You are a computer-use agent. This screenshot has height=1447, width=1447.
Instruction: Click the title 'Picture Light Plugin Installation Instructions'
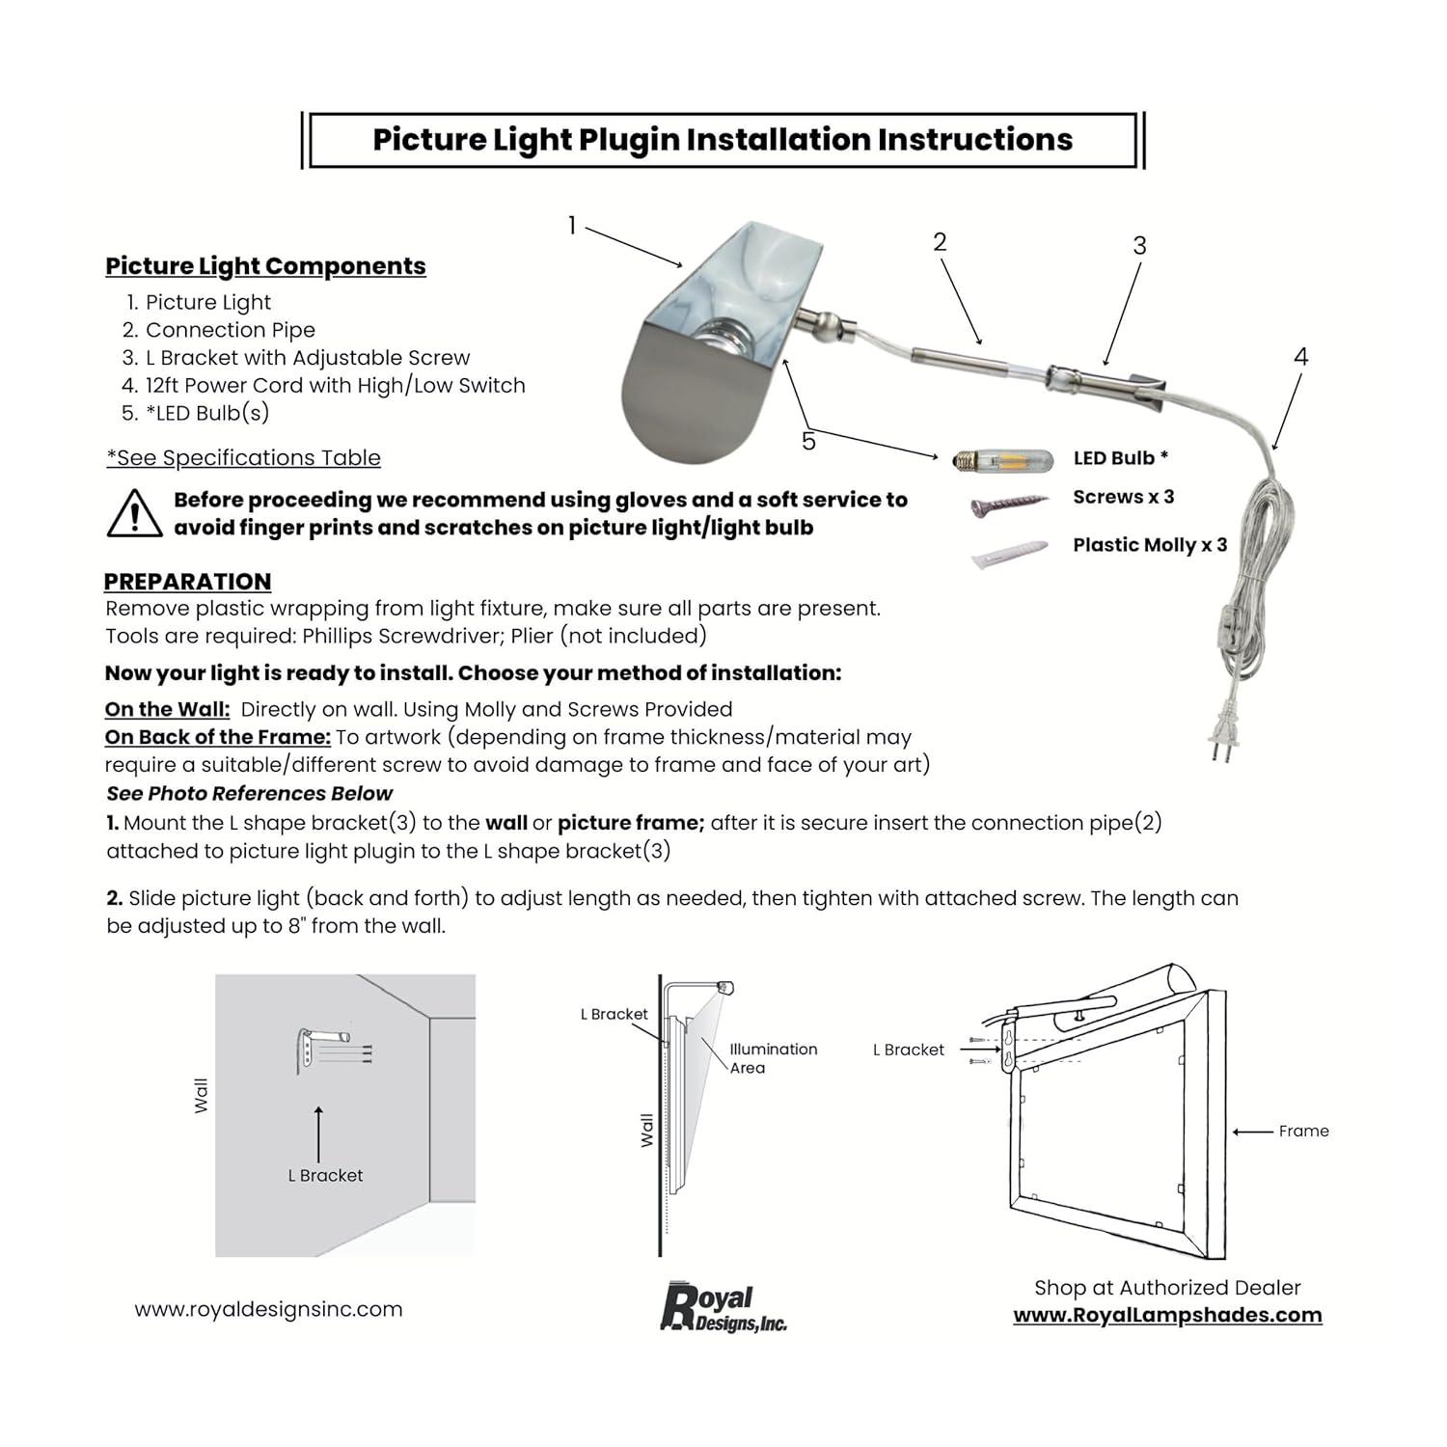pyautogui.click(x=723, y=140)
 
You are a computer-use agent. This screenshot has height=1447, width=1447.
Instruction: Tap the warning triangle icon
pyautogui.click(x=134, y=514)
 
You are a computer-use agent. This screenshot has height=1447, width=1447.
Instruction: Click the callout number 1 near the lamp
pyautogui.click(x=572, y=226)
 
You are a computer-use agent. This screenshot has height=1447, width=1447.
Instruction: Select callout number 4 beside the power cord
pyautogui.click(x=1300, y=357)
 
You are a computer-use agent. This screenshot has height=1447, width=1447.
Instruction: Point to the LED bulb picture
pyautogui.click(x=997, y=460)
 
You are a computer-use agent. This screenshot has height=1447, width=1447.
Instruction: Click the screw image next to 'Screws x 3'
pyautogui.click(x=1009, y=504)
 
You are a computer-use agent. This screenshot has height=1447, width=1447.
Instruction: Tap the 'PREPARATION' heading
pyautogui.click(x=187, y=582)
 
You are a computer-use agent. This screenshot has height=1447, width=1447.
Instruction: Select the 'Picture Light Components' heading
pyautogui.click(x=265, y=266)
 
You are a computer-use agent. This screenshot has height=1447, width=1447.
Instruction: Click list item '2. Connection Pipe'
pyautogui.click(x=219, y=330)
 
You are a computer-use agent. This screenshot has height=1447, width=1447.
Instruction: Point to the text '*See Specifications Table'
pyautogui.click(x=243, y=458)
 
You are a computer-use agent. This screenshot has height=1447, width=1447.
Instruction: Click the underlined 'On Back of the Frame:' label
pyautogui.click(x=218, y=737)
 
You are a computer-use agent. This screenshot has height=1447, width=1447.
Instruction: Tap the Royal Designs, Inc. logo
pyautogui.click(x=723, y=1309)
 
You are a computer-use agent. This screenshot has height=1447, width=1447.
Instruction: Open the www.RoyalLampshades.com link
pyautogui.click(x=1167, y=1315)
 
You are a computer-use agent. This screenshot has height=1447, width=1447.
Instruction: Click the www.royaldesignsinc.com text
pyautogui.click(x=268, y=1309)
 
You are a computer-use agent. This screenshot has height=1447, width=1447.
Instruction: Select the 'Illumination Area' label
pyautogui.click(x=772, y=1058)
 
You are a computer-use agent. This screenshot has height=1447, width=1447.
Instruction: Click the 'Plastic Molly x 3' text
pyautogui.click(x=1149, y=545)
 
